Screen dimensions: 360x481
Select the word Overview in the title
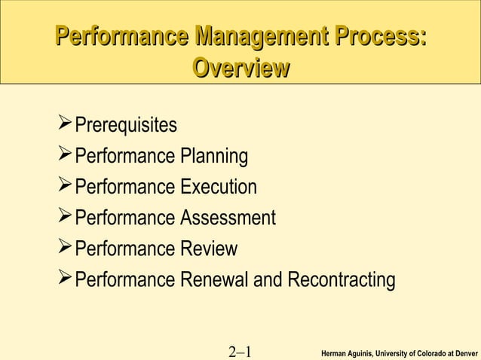(x=241, y=69)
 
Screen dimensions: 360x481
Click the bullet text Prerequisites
(x=127, y=124)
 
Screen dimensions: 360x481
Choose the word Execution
(x=219, y=187)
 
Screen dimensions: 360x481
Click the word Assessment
(x=228, y=218)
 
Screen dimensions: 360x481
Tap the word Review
(x=209, y=249)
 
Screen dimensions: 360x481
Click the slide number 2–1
(x=239, y=351)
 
